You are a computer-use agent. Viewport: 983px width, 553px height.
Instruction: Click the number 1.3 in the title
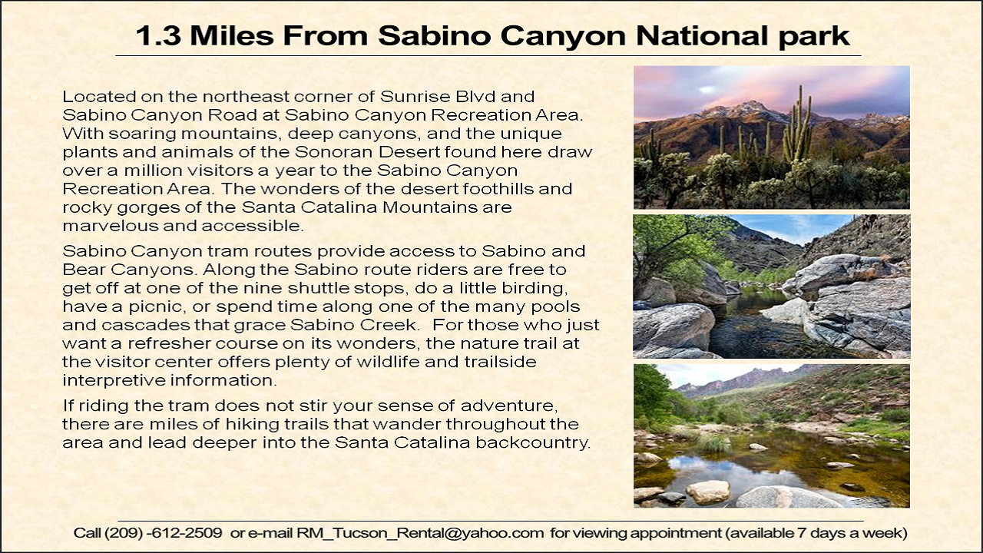pyautogui.click(x=158, y=35)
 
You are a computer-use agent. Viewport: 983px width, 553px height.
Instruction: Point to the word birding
pyautogui.click(x=535, y=288)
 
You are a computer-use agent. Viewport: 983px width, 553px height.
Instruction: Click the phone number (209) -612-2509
pyautogui.click(x=148, y=533)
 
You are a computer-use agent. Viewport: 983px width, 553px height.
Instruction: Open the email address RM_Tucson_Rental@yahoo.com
pyautogui.click(x=420, y=533)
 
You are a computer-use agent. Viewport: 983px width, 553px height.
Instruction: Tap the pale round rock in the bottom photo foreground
pyautogui.click(x=707, y=492)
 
